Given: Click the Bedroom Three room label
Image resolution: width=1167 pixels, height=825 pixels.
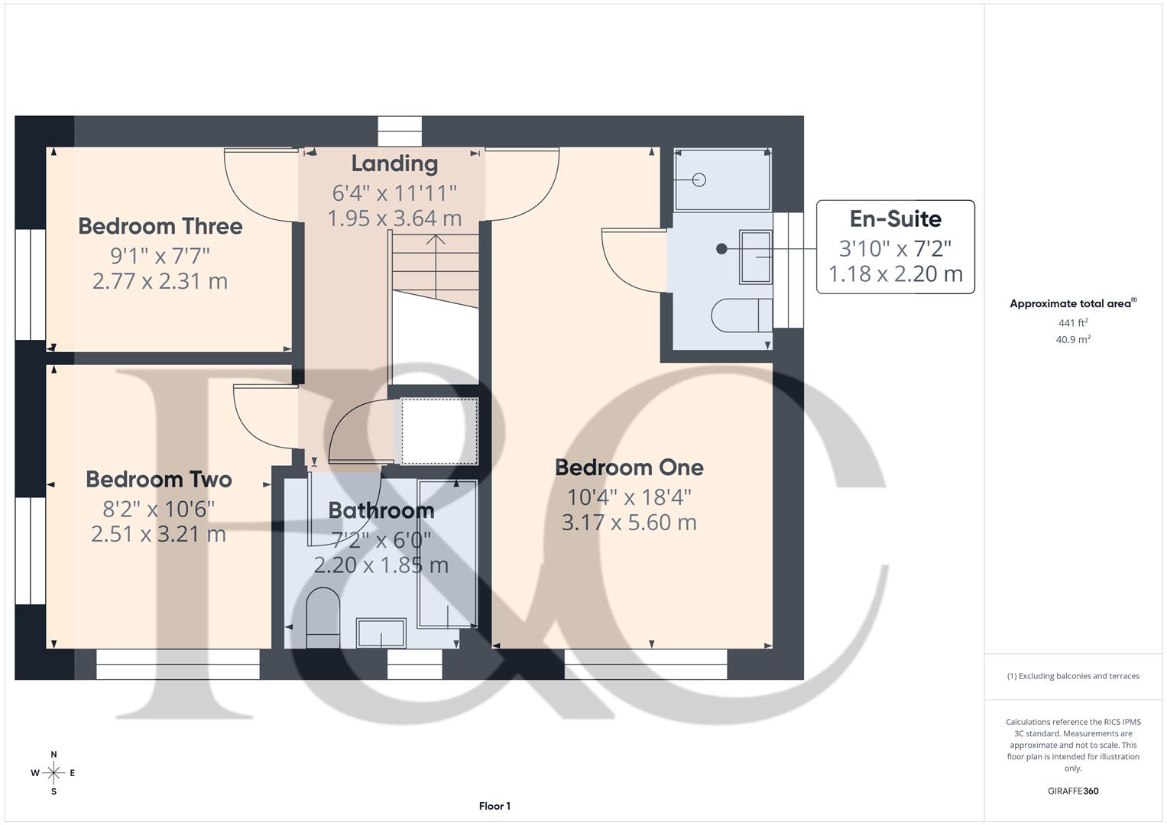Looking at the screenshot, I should pyautogui.click(x=160, y=226).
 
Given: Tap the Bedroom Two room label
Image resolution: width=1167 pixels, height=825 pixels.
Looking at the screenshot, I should pyautogui.click(x=158, y=480).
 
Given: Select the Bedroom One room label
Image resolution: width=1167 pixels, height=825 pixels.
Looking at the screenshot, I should pyautogui.click(x=629, y=467).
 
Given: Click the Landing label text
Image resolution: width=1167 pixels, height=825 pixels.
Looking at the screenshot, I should pyautogui.click(x=394, y=163).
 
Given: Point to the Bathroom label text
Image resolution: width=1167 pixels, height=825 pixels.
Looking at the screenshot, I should pyautogui.click(x=381, y=510).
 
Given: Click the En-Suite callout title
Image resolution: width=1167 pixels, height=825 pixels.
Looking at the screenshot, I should pyautogui.click(x=895, y=219).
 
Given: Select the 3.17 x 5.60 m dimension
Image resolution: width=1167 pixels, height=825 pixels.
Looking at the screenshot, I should pyautogui.click(x=629, y=522).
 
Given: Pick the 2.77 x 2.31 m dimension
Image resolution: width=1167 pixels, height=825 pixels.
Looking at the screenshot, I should pyautogui.click(x=160, y=281).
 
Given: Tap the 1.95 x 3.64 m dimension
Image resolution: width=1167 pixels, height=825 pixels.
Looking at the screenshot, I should pyautogui.click(x=394, y=218).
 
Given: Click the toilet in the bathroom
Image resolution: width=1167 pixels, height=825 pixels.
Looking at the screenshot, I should pyautogui.click(x=322, y=617).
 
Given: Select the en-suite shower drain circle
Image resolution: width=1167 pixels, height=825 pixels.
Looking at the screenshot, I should pyautogui.click(x=699, y=180).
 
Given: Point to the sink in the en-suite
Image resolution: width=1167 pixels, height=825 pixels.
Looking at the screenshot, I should pyautogui.click(x=755, y=257).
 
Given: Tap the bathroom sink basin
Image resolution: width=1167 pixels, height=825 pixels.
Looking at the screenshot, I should pyautogui.click(x=381, y=632).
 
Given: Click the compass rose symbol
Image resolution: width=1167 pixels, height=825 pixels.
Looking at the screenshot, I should pyautogui.click(x=53, y=773).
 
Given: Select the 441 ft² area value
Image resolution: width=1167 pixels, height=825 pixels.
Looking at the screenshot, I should pyautogui.click(x=1072, y=323).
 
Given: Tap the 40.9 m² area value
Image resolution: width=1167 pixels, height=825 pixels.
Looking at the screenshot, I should pyautogui.click(x=1072, y=339).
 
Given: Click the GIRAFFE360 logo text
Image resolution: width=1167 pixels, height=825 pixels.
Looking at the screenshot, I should pyautogui.click(x=1072, y=791).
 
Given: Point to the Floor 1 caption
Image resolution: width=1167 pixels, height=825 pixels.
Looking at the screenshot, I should pyautogui.click(x=494, y=806).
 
